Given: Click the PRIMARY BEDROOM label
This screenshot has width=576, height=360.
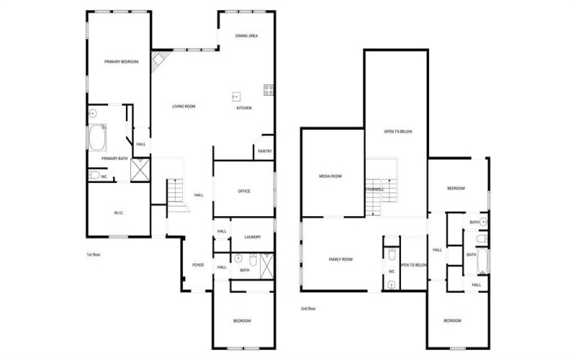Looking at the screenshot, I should [x=121, y=62].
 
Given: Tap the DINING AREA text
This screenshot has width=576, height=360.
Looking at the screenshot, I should [x=247, y=35].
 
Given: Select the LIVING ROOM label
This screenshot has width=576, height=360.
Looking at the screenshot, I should [x=184, y=107].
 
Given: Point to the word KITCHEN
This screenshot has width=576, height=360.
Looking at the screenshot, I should [x=244, y=108].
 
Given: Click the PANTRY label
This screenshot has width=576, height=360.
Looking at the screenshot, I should [x=264, y=151].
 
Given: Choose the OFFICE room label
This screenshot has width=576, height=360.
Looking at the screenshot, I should [x=244, y=191].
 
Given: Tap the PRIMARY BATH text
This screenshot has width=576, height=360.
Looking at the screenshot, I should [x=114, y=158].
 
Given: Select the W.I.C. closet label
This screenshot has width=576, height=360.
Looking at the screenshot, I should [x=120, y=212].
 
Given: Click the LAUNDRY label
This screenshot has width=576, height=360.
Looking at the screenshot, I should [x=252, y=237].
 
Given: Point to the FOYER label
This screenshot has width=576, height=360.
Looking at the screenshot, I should [x=198, y=265].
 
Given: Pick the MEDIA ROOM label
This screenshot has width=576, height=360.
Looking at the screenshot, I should [x=330, y=176].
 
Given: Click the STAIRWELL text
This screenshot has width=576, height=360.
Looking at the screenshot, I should [x=374, y=189].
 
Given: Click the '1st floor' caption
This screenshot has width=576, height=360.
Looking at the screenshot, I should [x=94, y=254].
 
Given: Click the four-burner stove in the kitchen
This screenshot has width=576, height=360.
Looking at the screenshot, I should [x=269, y=90].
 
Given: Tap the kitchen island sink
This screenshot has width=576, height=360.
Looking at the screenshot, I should [x=235, y=96].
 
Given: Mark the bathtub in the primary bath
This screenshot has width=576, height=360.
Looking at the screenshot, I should [x=97, y=137].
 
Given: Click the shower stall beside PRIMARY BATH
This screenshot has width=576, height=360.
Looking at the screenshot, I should [x=138, y=169].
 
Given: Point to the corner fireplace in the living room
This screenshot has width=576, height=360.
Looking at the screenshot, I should [x=158, y=60].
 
